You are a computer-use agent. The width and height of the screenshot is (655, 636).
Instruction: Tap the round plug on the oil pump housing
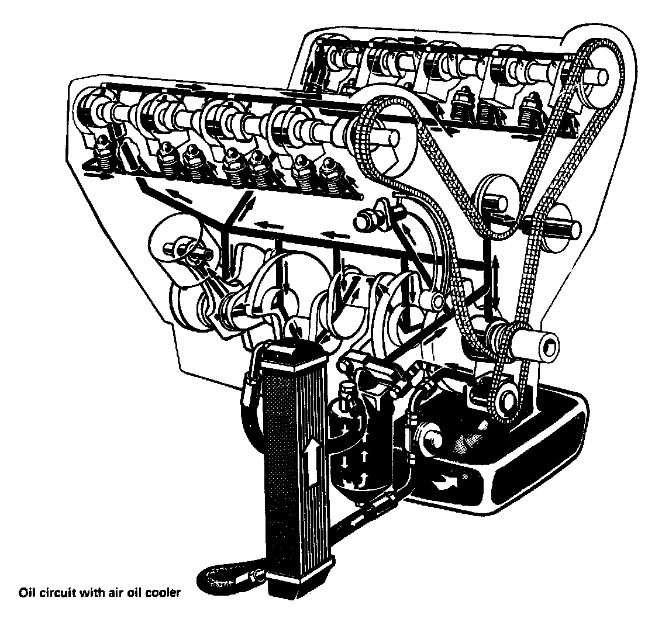pyautogui.click(x=431, y=440)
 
